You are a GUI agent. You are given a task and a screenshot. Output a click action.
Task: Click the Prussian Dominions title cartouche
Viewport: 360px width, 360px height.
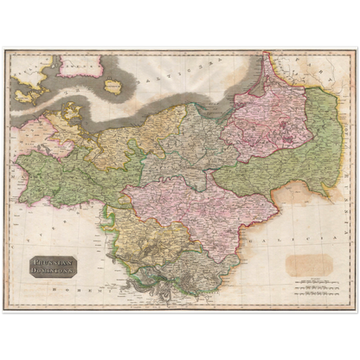point(55,266)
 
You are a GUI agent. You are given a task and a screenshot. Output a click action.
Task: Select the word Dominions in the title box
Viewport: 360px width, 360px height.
point(55,271)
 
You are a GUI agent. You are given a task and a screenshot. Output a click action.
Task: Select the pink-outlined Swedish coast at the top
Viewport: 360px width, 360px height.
point(87,64)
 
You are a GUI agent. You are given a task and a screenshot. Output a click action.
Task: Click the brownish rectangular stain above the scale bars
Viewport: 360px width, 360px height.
point(309,264)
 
